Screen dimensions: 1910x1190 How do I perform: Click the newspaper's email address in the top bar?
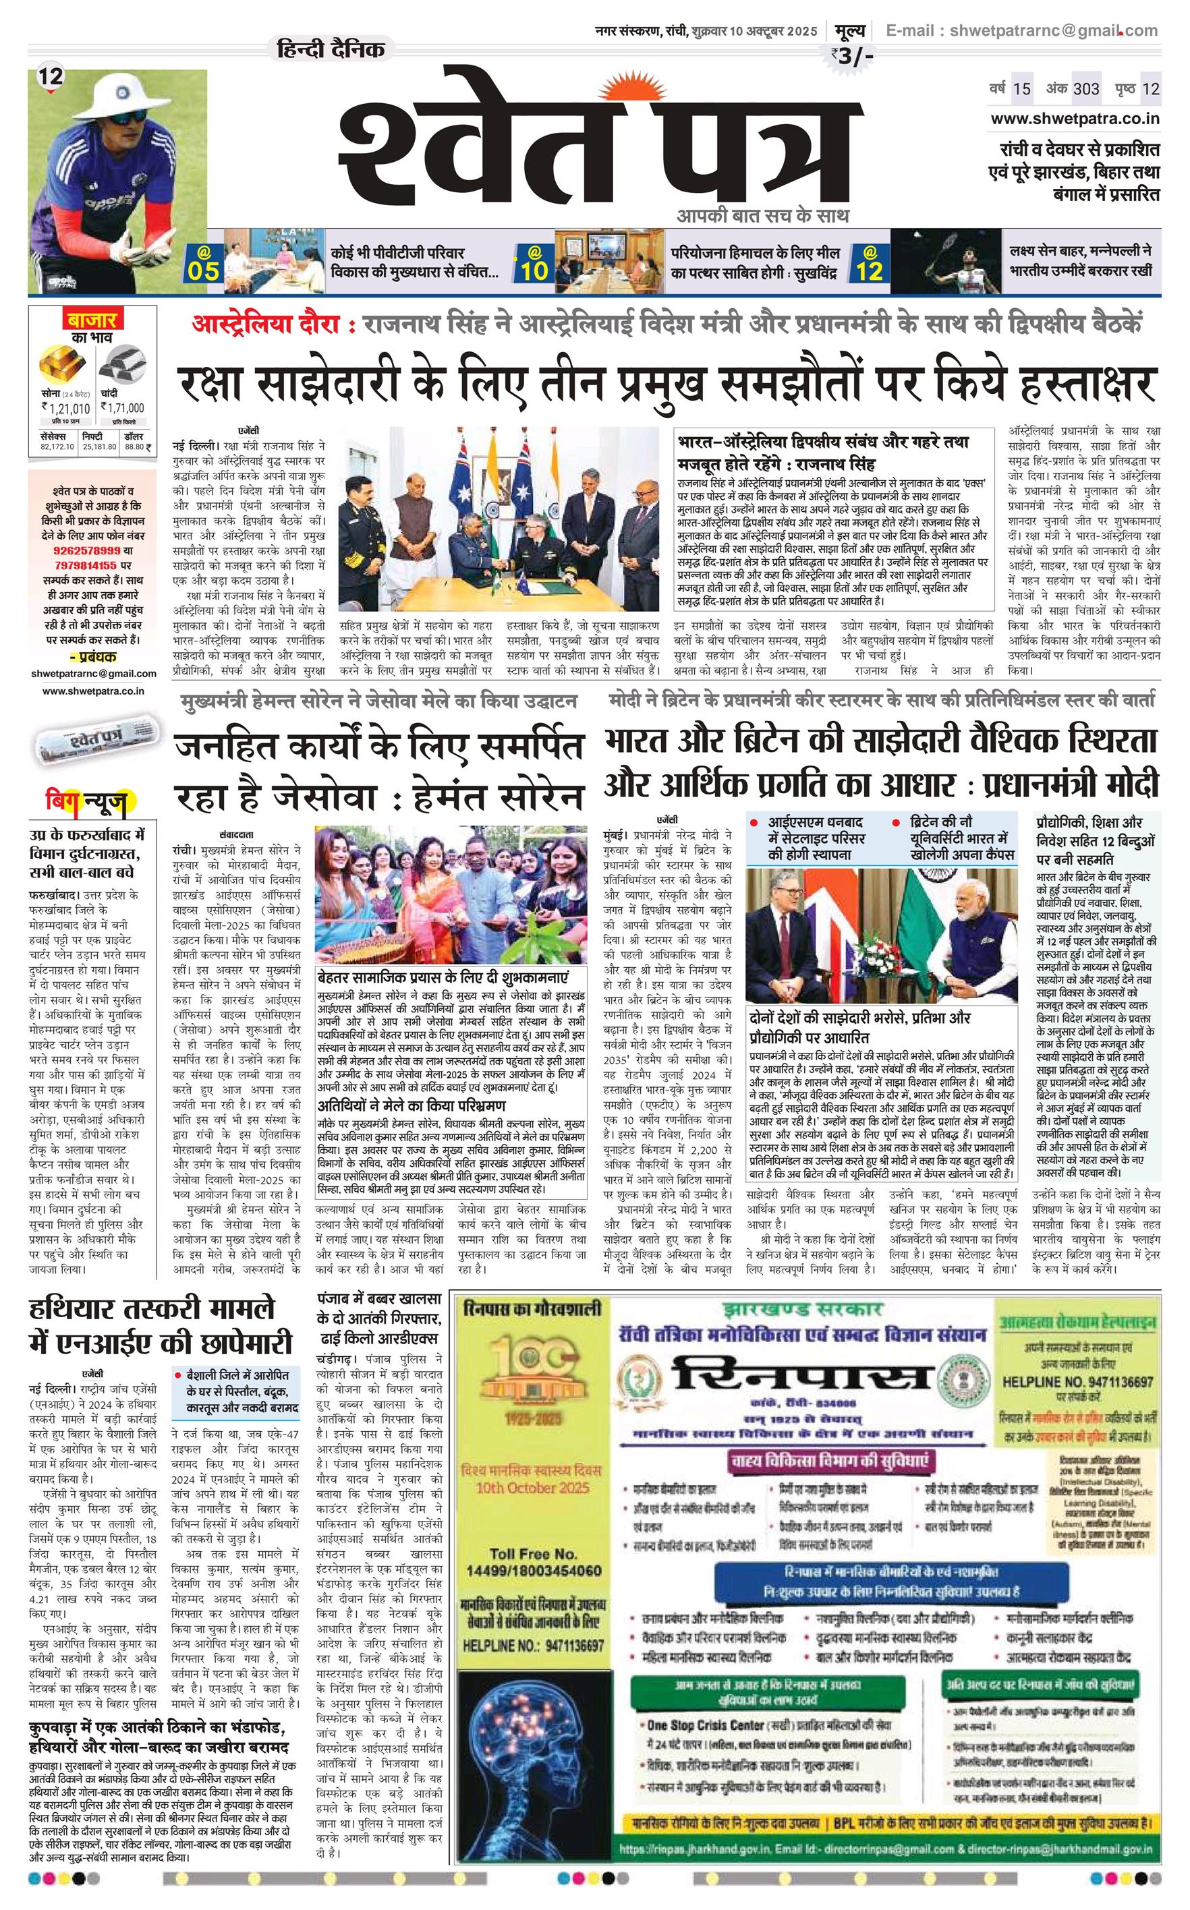click(x=1021, y=30)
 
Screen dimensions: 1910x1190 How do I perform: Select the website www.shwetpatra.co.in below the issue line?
click(x=1075, y=119)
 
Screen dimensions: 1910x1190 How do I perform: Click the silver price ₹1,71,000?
click(x=123, y=407)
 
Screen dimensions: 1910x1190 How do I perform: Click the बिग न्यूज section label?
click(x=86, y=802)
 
